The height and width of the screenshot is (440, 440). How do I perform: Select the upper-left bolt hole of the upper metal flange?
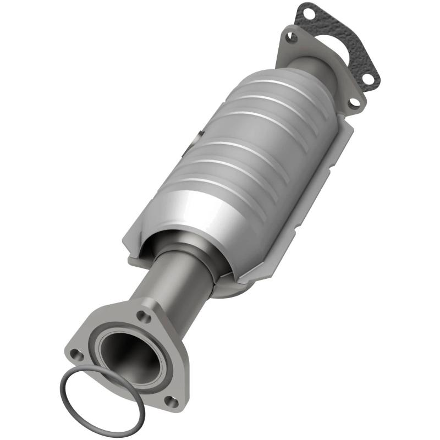292,37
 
